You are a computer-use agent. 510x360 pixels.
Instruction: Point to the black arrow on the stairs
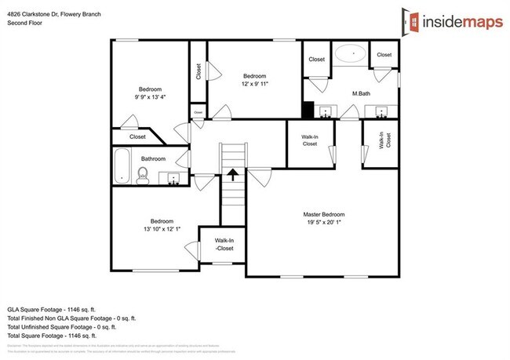pos(233,174)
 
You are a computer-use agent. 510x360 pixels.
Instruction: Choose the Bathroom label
pos(153,159)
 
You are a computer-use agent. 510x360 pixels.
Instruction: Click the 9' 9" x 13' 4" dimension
pos(150,96)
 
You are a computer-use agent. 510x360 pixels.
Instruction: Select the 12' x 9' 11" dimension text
pos(256,82)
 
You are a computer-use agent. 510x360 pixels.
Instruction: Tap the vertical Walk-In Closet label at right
pos(384,140)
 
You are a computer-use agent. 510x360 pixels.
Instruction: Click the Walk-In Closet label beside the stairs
pos(309,140)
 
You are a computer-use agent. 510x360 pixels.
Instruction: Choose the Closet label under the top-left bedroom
pos(138,136)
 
